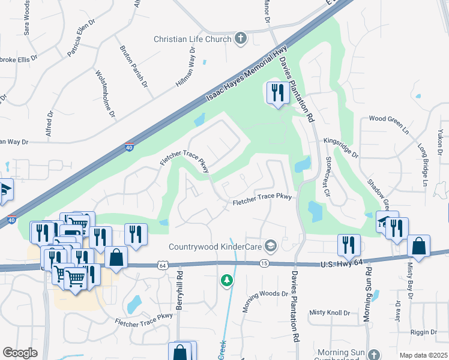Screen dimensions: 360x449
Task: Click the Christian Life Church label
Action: (192, 39)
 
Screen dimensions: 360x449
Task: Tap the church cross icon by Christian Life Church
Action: (240, 39)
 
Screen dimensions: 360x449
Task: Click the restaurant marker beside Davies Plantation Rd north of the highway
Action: (277, 94)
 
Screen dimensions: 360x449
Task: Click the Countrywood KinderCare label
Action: (217, 246)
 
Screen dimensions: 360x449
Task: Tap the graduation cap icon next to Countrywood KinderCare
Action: (271, 245)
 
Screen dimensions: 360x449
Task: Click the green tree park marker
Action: (226, 280)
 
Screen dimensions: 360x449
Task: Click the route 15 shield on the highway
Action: (264, 263)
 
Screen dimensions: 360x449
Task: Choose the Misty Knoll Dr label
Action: (330, 313)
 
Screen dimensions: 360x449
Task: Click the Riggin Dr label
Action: (424, 332)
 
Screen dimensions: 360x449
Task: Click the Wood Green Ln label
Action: (388, 119)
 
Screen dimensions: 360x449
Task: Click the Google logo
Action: (20, 352)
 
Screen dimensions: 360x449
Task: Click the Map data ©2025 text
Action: (423, 355)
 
